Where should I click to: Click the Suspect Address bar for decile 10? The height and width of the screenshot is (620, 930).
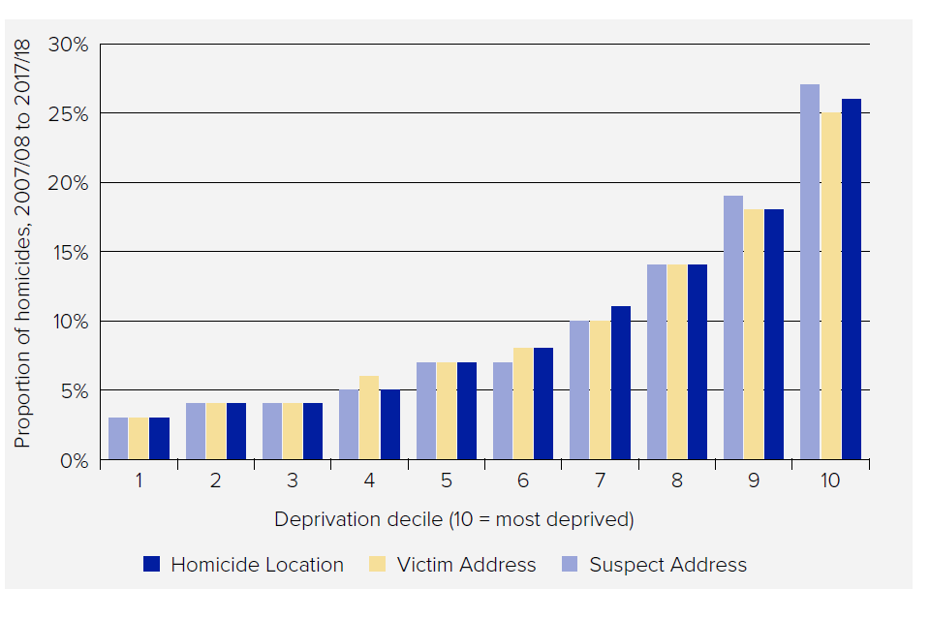click(810, 271)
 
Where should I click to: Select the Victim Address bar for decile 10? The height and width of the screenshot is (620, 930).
click(830, 285)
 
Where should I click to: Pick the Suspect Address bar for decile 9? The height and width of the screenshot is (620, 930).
click(733, 326)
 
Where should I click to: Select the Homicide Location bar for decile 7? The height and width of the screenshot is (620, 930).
click(620, 382)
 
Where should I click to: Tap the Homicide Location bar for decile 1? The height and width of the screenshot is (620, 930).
click(159, 438)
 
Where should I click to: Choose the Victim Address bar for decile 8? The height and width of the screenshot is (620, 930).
click(676, 361)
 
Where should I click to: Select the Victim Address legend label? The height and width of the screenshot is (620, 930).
click(466, 565)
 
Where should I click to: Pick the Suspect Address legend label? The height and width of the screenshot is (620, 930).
click(667, 565)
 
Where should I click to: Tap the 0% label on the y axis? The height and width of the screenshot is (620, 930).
click(73, 460)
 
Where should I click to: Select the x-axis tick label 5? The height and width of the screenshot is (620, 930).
click(447, 480)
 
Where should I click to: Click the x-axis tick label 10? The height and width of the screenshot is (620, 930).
click(830, 480)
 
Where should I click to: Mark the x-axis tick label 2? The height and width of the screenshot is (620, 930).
click(216, 480)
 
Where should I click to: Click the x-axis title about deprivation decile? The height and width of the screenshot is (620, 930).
click(453, 519)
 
